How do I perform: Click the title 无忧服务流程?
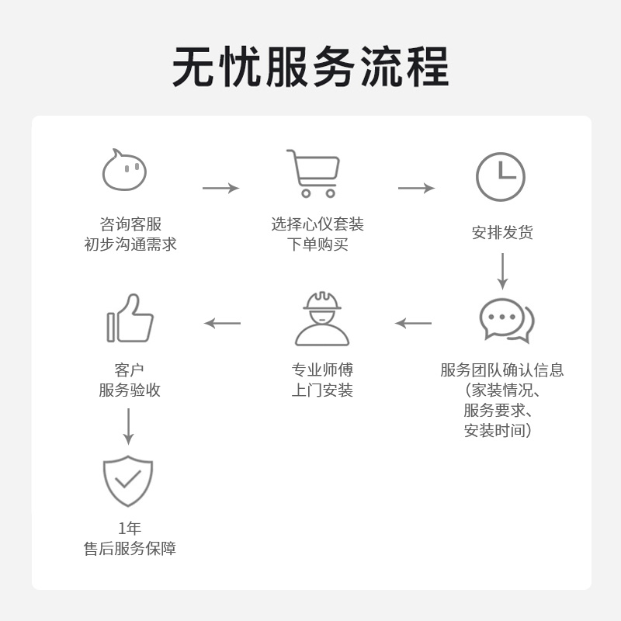tap(310, 68)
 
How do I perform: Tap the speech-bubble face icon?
tap(124, 171)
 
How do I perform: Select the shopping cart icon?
tap(314, 173)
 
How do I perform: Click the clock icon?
tap(501, 177)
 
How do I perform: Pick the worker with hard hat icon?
tap(322, 319)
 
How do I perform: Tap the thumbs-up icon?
tap(130, 318)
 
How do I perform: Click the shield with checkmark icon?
tap(128, 480)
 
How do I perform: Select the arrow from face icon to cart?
tap(220, 188)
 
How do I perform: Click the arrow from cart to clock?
tap(416, 188)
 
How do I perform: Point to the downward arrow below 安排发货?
tap(502, 271)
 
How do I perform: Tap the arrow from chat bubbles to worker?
tap(413, 323)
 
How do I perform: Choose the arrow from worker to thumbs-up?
tap(222, 323)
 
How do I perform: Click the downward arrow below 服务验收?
tap(129, 426)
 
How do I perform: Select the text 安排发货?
tap(502, 233)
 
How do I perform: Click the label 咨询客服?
tap(130, 224)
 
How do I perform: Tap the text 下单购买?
tap(317, 245)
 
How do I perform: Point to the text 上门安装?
tap(322, 390)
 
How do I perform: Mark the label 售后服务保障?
tap(130, 549)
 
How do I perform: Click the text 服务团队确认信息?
tap(501, 370)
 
